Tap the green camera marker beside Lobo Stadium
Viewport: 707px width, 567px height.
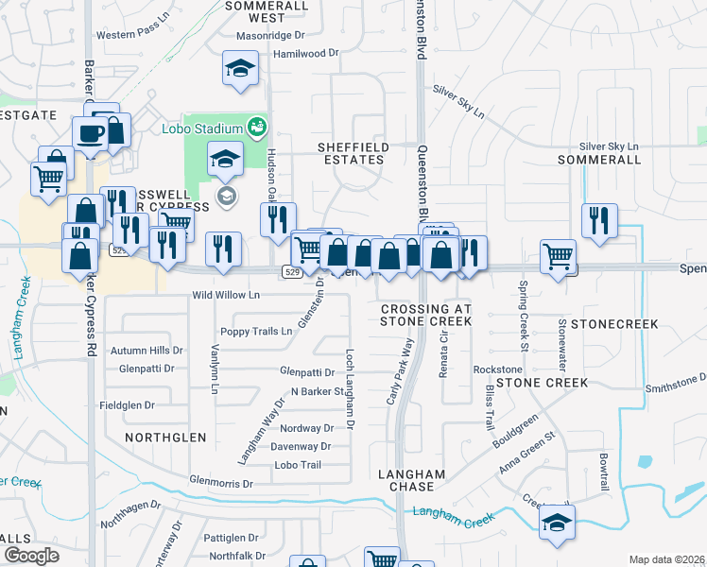[x=255, y=126]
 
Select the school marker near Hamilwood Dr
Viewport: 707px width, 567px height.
[x=240, y=68]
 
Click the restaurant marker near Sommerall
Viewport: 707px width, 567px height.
[x=599, y=220]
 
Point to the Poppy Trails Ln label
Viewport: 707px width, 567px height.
[x=256, y=332]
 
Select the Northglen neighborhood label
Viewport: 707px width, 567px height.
[x=165, y=438]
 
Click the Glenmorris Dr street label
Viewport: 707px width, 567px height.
[x=221, y=483]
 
